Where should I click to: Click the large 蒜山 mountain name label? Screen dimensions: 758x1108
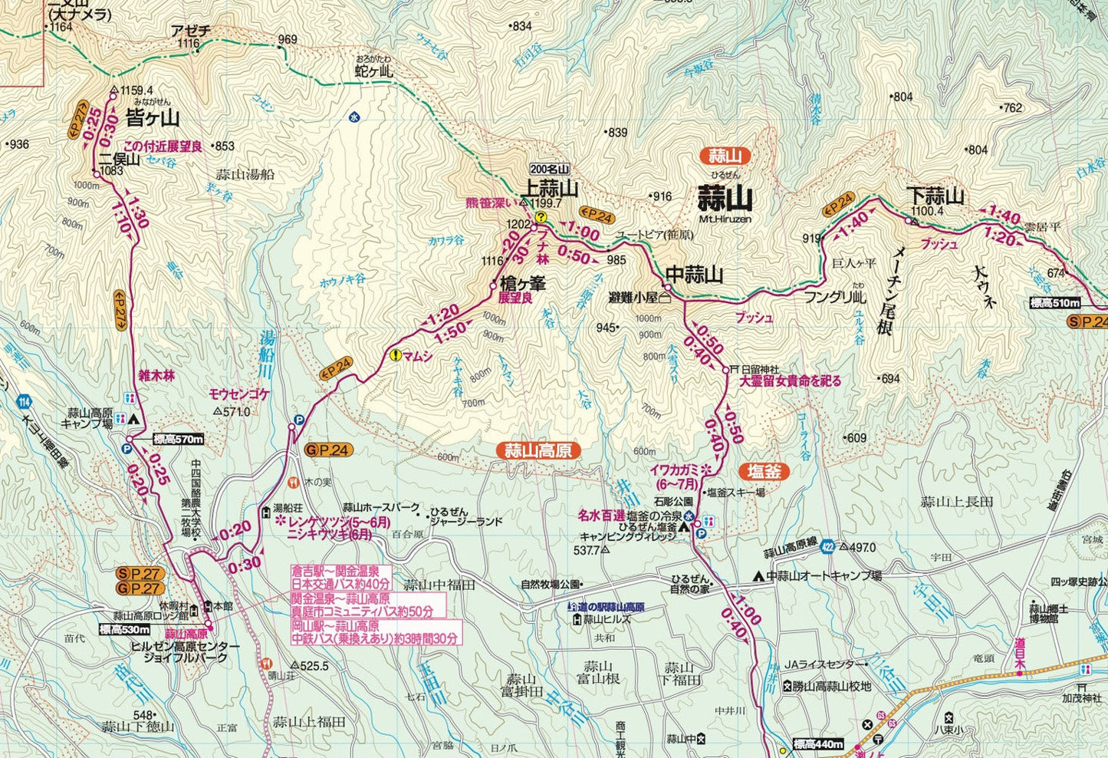point(725,199)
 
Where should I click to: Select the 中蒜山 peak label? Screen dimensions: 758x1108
point(694,274)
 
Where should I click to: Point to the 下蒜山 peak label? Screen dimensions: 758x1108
point(935,196)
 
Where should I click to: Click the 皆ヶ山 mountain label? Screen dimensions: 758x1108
point(151,118)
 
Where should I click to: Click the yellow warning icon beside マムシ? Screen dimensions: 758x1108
point(396,354)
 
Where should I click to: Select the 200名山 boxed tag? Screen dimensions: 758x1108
point(551,170)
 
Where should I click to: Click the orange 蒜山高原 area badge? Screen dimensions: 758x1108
point(538,450)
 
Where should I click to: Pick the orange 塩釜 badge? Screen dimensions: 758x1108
point(764,471)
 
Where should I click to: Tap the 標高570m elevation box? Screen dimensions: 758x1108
point(179,439)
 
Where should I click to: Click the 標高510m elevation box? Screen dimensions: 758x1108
point(1055,302)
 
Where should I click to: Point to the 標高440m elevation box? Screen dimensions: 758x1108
point(818,743)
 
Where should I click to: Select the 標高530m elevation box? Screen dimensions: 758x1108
point(125,629)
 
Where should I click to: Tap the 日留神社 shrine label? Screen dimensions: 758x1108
point(759,369)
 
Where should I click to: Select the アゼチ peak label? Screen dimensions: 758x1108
point(189,31)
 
